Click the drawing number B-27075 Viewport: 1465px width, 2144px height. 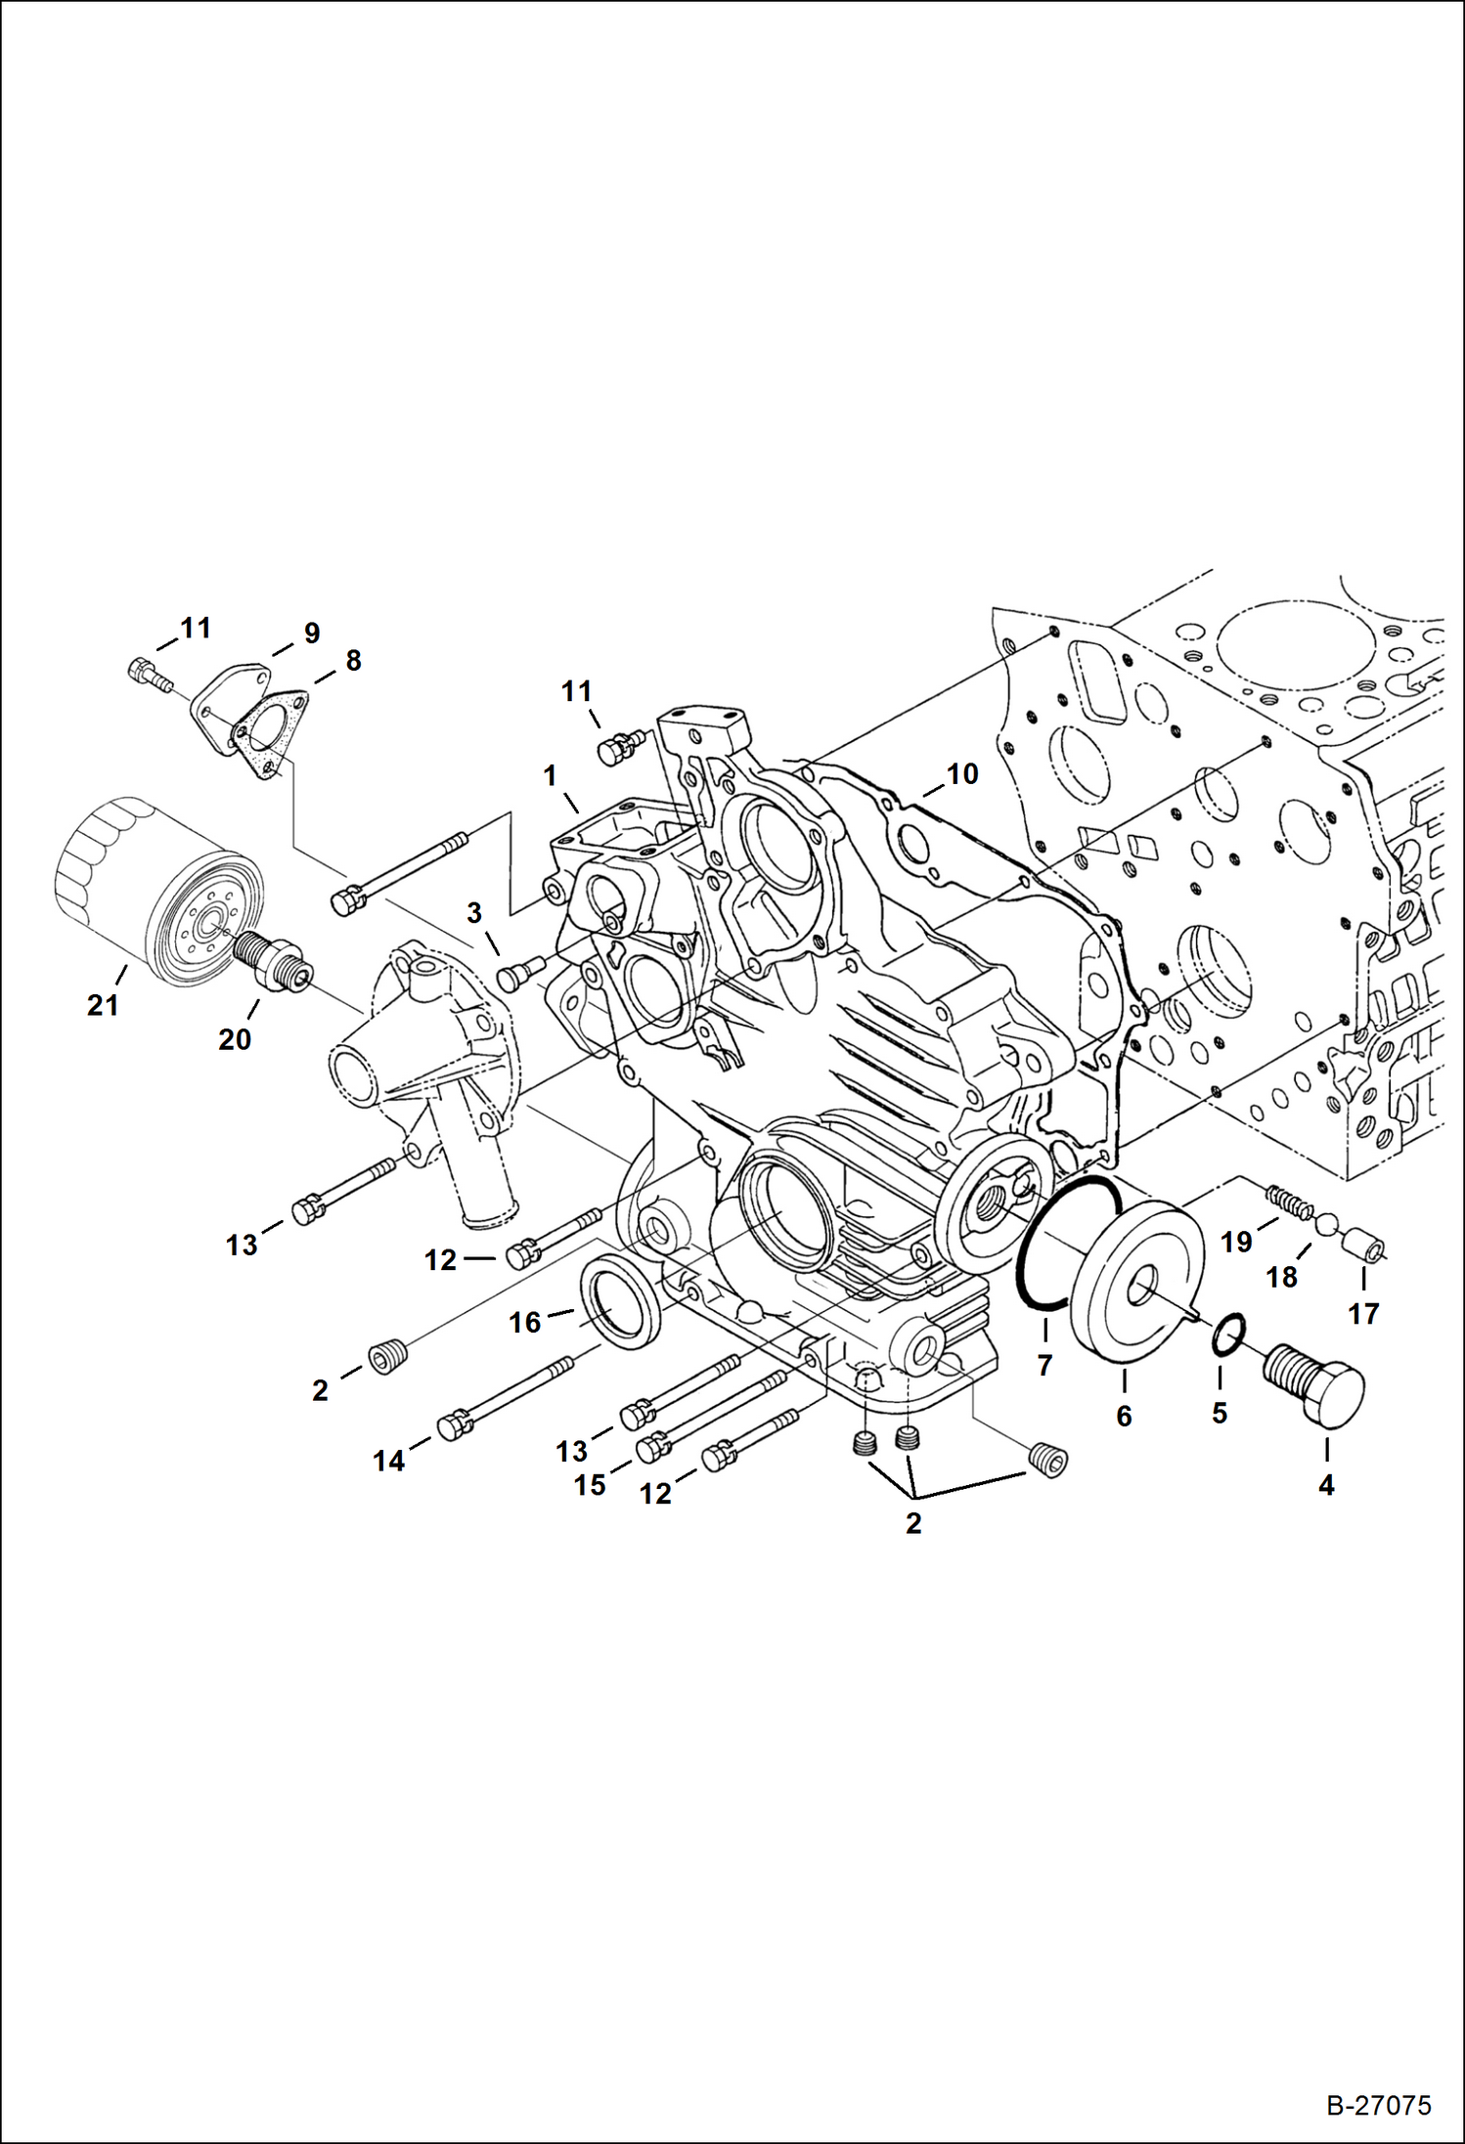(1378, 2104)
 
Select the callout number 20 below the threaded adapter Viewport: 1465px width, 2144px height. (235, 1039)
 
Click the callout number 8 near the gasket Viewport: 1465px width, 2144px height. (352, 661)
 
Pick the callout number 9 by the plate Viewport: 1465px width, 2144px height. (311, 634)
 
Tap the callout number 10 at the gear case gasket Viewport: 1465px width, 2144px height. (962, 774)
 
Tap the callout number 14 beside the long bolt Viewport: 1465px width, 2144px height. (388, 1461)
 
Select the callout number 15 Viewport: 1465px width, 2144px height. (590, 1485)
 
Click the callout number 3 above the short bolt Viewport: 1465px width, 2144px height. (474, 913)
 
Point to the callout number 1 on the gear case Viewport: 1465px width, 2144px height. (551, 776)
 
